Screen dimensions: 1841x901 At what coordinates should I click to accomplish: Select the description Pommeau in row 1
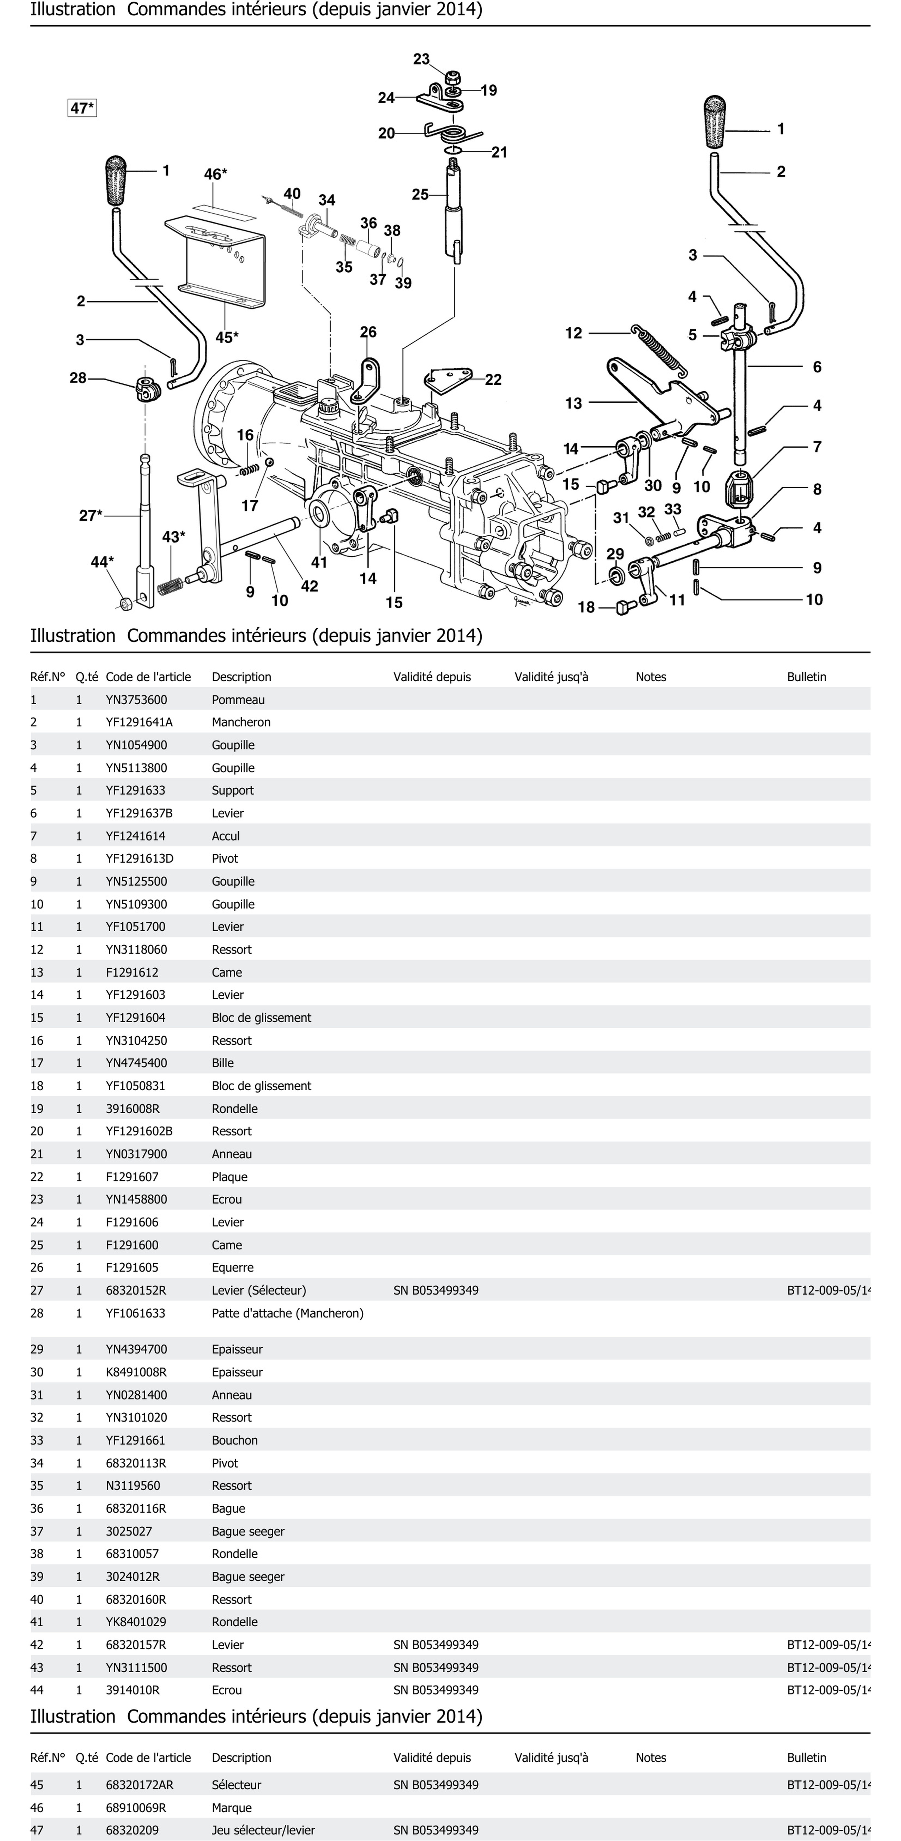tap(238, 700)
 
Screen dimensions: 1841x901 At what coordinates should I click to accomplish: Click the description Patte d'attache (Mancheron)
tap(287, 1313)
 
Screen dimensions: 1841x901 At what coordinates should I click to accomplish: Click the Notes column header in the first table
tap(650, 677)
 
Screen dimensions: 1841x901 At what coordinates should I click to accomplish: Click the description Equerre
tap(232, 1267)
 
